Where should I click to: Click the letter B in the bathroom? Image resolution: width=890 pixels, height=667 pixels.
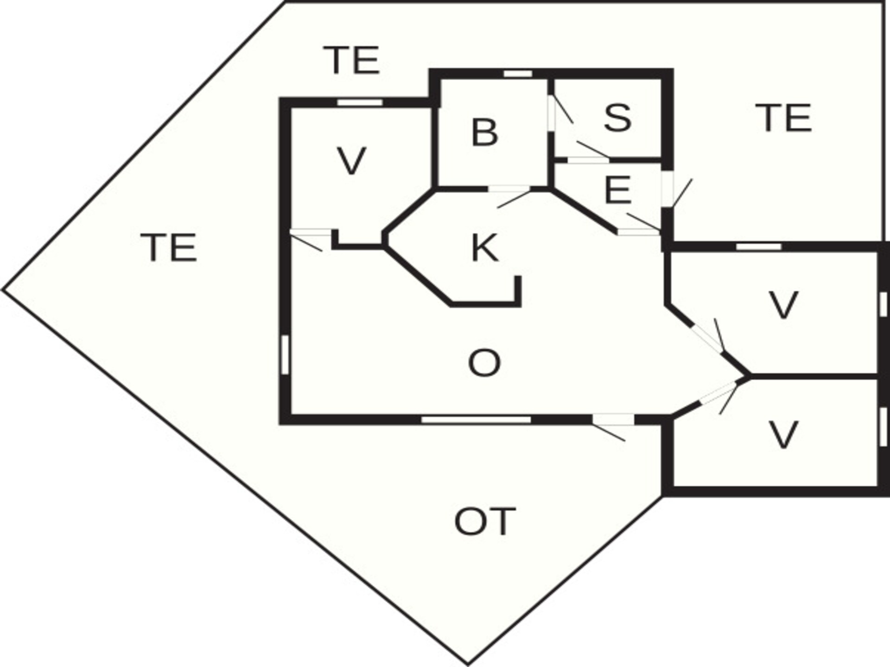click(484, 132)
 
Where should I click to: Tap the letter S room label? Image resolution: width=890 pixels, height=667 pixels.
click(617, 117)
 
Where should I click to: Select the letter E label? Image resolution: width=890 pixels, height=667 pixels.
click(617, 190)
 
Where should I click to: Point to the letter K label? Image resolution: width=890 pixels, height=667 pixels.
click(484, 248)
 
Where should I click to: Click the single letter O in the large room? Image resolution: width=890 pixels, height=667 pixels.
click(484, 363)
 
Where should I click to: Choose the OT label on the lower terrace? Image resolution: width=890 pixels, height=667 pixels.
click(485, 522)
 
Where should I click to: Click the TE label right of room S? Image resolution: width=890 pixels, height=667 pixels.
click(783, 118)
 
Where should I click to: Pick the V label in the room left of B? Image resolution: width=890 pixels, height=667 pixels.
click(351, 161)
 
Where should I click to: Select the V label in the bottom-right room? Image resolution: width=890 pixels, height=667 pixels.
click(783, 434)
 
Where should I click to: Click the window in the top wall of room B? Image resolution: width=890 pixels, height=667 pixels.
click(518, 74)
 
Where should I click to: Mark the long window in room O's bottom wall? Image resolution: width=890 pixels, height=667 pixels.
click(476, 420)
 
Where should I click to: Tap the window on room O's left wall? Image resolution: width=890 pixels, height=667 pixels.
click(285, 354)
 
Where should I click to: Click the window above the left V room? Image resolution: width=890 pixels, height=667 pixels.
click(360, 102)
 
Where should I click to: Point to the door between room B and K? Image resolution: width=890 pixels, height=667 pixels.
click(509, 195)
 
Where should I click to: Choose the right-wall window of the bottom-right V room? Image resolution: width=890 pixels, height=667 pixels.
click(883, 427)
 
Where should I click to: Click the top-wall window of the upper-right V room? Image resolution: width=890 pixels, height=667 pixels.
click(759, 246)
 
